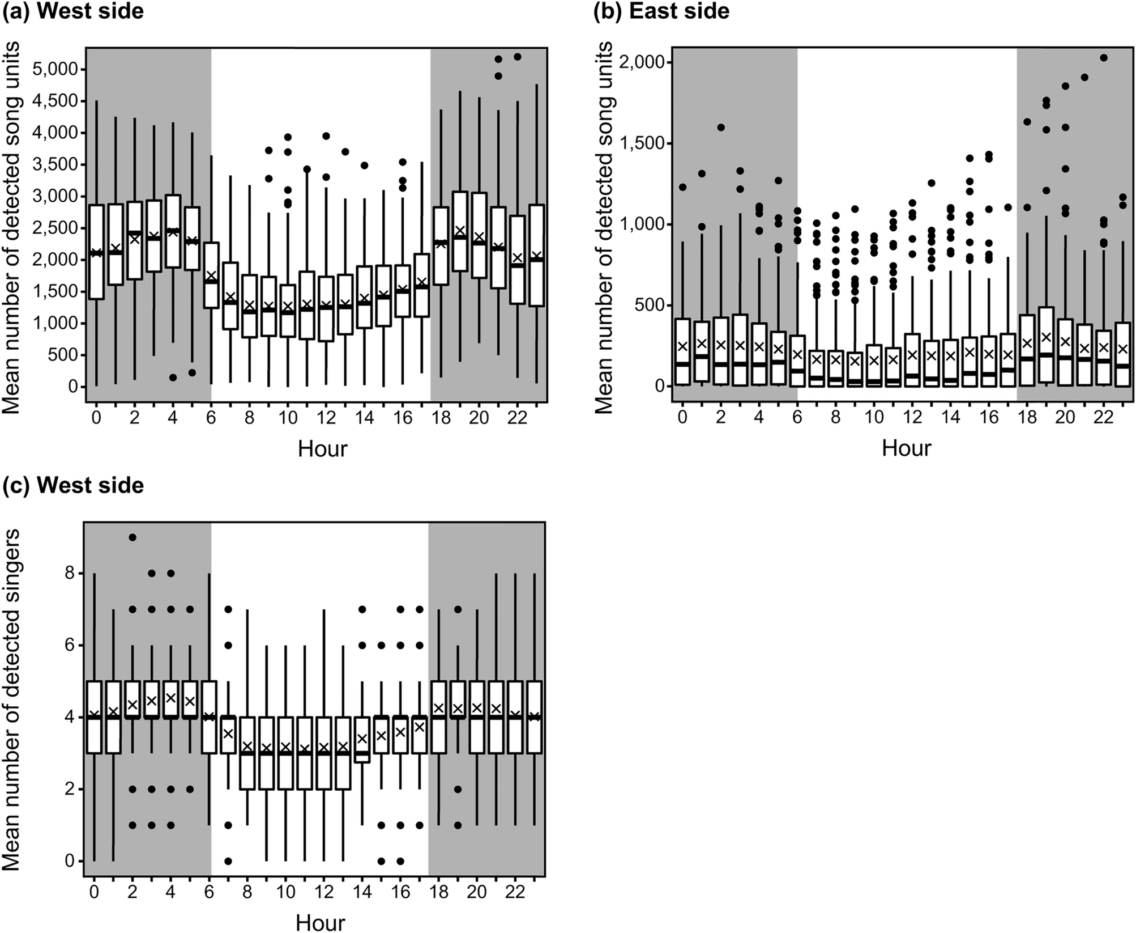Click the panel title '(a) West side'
coord(73,11)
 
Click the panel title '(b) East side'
coord(661,11)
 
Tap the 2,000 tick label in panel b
coord(643,62)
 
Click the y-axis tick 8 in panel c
coord(70,573)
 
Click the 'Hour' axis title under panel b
coord(906,448)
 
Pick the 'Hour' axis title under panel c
coord(320,922)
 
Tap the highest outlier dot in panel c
coord(133,537)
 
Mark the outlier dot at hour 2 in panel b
coord(721,127)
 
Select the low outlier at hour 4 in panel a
coord(173,377)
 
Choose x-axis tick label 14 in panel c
coord(362,892)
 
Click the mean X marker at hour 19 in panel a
coord(460,230)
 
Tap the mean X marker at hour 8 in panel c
coord(247,746)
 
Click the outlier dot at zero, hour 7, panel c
coord(228,861)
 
